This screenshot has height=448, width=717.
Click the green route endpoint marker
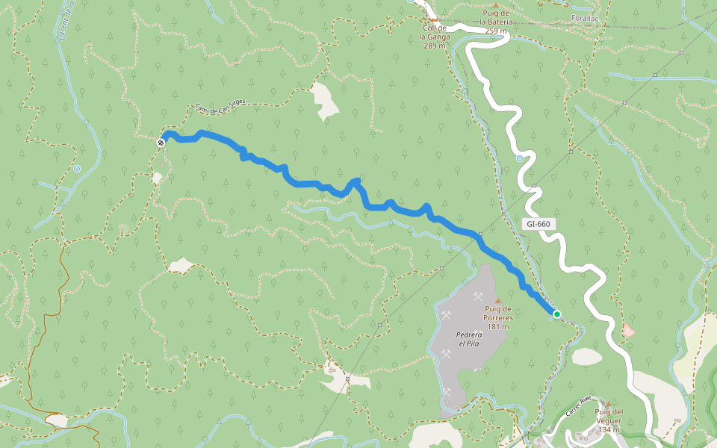[x=556, y=314]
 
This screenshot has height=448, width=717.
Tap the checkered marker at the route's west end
[x=161, y=142]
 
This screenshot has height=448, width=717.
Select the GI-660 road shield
[x=538, y=224]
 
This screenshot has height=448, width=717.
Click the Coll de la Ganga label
[x=434, y=36]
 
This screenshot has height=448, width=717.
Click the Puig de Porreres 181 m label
[x=497, y=317]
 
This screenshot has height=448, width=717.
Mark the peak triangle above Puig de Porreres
[x=497, y=301]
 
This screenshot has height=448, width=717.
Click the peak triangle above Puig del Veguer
[x=608, y=403]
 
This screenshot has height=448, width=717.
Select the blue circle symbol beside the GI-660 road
[x=520, y=158]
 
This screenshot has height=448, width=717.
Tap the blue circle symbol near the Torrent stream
[x=77, y=169]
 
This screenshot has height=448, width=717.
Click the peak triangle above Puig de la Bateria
[x=494, y=5]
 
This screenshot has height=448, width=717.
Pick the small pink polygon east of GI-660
[x=629, y=329]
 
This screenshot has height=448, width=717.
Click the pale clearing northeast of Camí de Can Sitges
[x=325, y=101]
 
